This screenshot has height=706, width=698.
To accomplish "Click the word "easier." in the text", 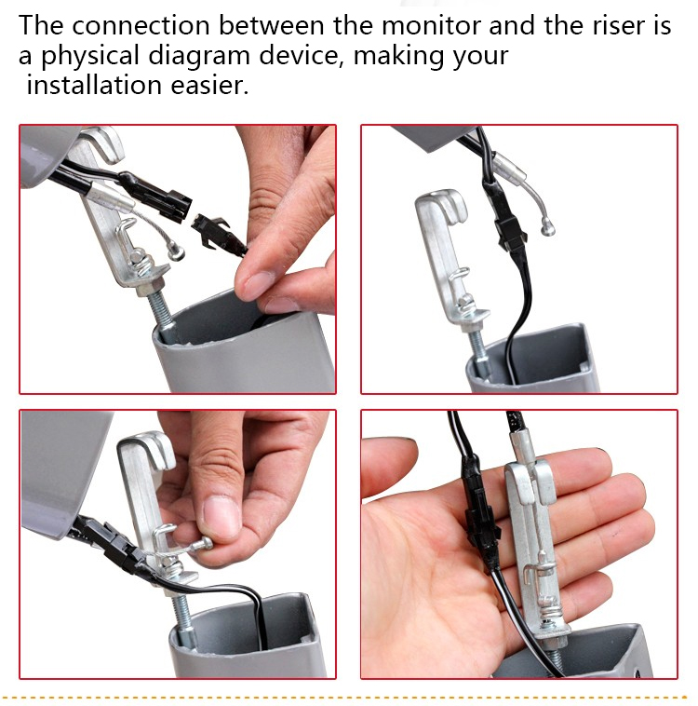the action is click(209, 85).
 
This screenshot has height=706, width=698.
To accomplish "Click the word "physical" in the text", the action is click(90, 56).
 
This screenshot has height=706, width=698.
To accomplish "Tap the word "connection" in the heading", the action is click(141, 25).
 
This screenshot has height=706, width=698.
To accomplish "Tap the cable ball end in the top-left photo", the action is click(175, 250).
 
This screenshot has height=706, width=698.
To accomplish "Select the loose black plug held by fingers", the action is click(219, 236).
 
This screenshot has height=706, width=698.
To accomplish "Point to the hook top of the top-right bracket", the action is click(446, 201).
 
